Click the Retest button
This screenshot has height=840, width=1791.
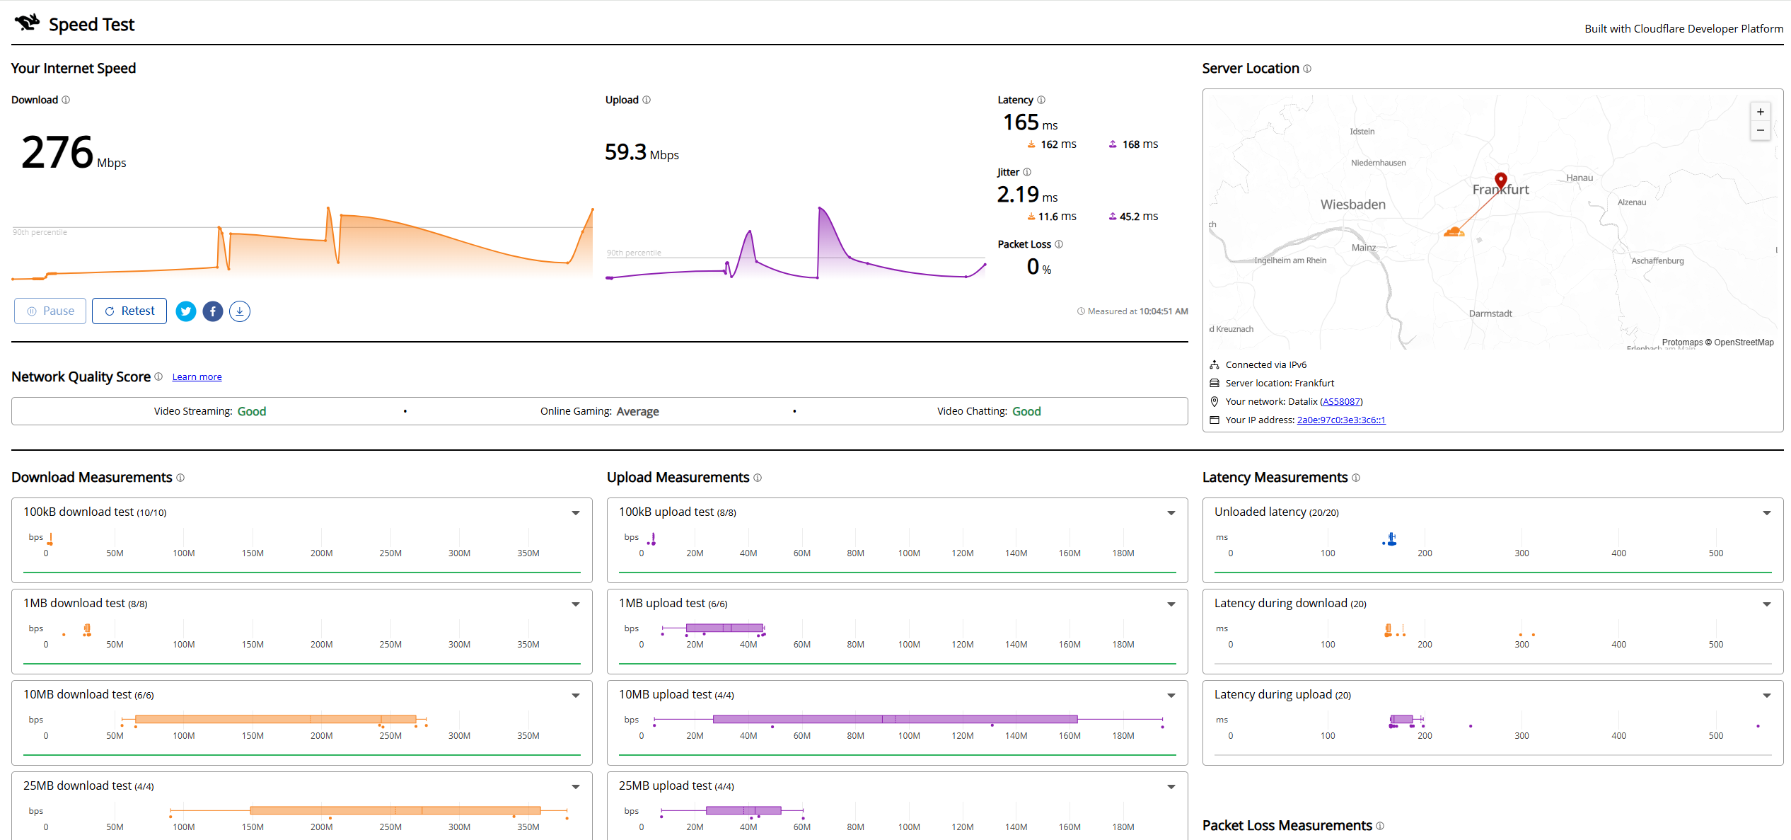[x=129, y=311]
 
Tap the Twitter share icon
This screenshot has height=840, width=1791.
[x=186, y=311]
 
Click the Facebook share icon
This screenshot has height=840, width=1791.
[x=213, y=311]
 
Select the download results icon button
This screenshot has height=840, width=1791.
[x=240, y=311]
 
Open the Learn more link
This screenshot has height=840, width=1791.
[x=197, y=377]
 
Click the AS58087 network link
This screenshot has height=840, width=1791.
[x=1341, y=402]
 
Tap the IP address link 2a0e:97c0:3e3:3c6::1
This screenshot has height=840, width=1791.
[x=1341, y=420]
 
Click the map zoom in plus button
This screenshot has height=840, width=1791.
[x=1761, y=112]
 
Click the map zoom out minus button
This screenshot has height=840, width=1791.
[x=1761, y=130]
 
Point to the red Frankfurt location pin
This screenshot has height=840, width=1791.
[x=1501, y=180]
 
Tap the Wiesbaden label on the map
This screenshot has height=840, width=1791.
[x=1353, y=205]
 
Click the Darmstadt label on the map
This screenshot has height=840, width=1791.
[x=1490, y=313]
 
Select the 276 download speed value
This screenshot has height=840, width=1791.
[x=57, y=152]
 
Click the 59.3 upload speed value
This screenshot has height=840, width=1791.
[x=626, y=152]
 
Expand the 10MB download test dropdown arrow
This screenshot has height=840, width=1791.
[x=576, y=696]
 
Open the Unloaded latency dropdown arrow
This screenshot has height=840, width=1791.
[x=1767, y=513]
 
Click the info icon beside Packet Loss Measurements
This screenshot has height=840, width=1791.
[x=1380, y=826]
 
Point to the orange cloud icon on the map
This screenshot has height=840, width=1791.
[x=1454, y=231]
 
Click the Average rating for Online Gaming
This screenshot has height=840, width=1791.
[x=638, y=412]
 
